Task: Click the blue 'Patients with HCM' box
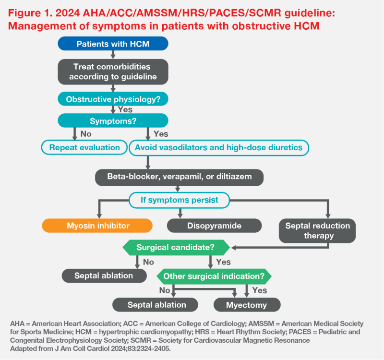pyautogui.click(x=113, y=44)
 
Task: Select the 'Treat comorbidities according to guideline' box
pyautogui.click(x=113, y=72)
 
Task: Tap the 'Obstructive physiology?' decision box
pyautogui.click(x=113, y=99)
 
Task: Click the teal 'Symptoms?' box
pyautogui.click(x=113, y=120)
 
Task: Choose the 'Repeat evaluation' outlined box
pyautogui.click(x=84, y=147)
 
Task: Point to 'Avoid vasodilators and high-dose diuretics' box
pyautogui.click(x=219, y=148)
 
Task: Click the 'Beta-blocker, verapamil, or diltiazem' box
pyautogui.click(x=179, y=177)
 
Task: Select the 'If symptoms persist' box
pyautogui.click(x=179, y=200)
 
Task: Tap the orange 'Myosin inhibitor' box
pyautogui.click(x=97, y=226)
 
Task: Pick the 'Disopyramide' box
pyautogui.click(x=214, y=226)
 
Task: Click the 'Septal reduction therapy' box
pyautogui.click(x=317, y=231)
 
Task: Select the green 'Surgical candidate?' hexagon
pyautogui.click(x=176, y=248)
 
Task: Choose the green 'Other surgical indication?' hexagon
pyautogui.click(x=214, y=276)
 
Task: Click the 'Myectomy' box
pyautogui.click(x=247, y=305)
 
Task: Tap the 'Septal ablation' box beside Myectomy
pyautogui.click(x=155, y=305)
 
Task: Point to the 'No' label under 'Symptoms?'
pyautogui.click(x=86, y=134)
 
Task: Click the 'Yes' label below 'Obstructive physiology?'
pyautogui.click(x=125, y=109)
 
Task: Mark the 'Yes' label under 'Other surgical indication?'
pyautogui.click(x=260, y=290)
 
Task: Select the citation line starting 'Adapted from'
pyautogui.click(x=90, y=348)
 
